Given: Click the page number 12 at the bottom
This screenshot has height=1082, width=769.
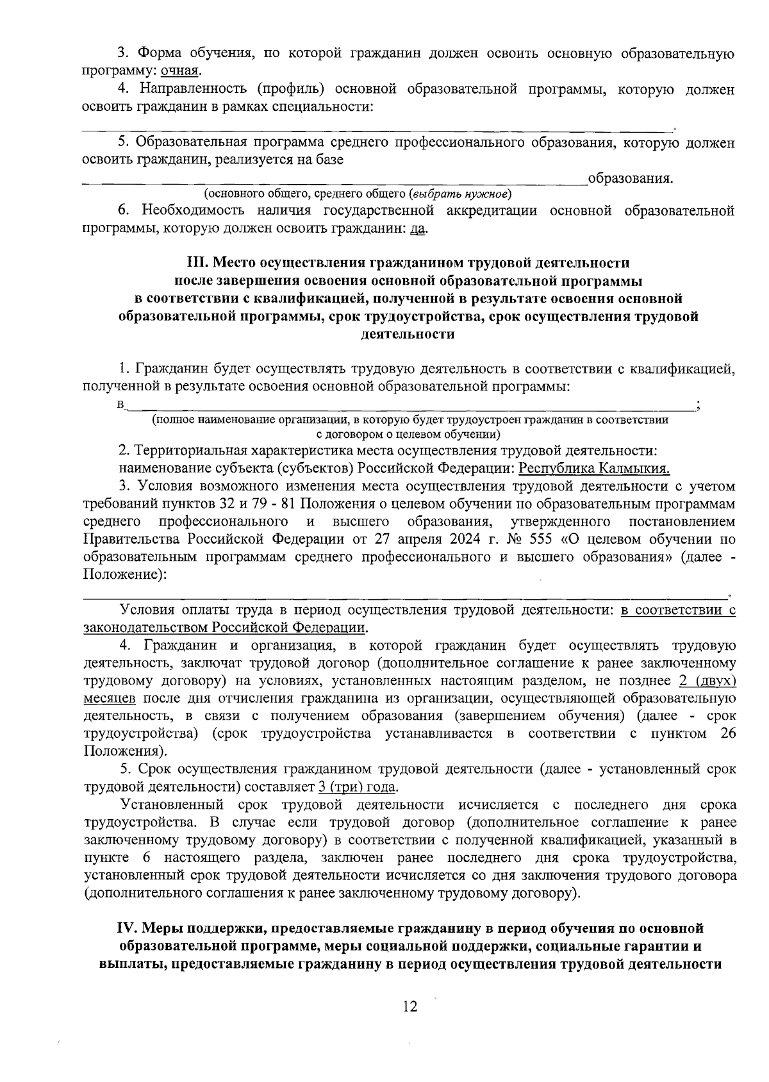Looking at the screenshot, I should click(409, 1006).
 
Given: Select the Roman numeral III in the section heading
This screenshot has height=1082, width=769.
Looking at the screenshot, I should click(195, 263).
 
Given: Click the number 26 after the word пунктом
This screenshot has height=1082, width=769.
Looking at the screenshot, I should click(728, 733).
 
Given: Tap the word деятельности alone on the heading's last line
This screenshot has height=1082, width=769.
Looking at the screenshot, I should click(408, 334).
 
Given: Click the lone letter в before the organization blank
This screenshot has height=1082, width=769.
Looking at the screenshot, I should click(120, 405).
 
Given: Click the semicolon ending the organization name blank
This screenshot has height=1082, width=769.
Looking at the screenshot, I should click(697, 405).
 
